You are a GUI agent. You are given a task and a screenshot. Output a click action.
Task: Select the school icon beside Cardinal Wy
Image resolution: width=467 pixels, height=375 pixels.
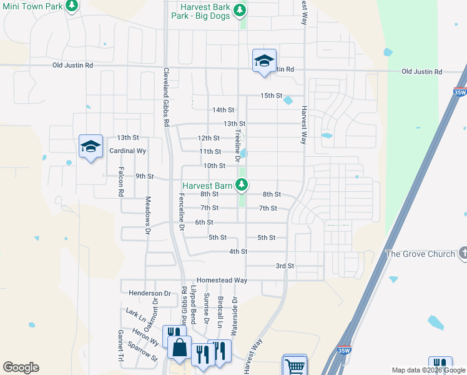91,147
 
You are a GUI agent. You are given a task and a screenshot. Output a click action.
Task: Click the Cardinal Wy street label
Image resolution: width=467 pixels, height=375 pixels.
127,151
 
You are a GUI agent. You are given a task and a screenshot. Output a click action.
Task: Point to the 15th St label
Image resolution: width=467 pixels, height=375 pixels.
272,96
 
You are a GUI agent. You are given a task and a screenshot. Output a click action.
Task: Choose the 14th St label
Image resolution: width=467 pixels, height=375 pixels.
223,110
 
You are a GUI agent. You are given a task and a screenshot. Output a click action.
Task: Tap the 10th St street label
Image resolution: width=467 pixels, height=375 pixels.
214,166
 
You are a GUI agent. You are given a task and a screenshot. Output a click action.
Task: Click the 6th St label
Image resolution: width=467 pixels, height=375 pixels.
204,222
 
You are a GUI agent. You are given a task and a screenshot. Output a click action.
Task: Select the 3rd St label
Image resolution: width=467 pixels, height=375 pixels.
285,266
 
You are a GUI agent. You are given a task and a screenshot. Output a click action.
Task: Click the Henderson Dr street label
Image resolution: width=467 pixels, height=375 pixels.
149,292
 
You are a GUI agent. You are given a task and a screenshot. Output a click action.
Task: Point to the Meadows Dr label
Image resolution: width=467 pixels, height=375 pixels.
148,216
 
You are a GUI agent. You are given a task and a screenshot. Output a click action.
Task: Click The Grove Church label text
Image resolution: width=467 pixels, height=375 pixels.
420,254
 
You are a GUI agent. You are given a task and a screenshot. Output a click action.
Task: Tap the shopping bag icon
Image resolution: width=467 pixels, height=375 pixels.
179,347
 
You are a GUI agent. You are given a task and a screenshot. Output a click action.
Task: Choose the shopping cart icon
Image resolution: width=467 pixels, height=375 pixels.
295,365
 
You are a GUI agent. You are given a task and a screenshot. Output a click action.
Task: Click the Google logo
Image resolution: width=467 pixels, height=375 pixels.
21,367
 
